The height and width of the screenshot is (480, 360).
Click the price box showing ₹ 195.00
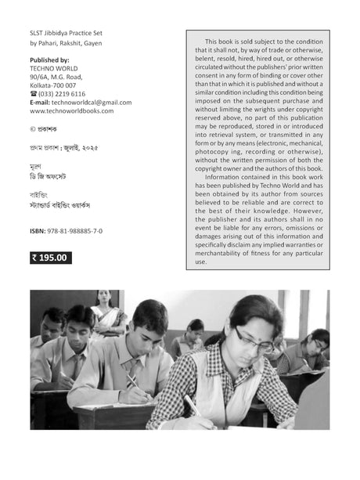[x=51, y=257]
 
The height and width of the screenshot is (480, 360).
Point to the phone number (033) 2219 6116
[x=63, y=93]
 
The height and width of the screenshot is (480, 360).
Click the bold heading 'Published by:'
[x=49, y=60]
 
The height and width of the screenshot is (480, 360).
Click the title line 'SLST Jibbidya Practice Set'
[x=67, y=34]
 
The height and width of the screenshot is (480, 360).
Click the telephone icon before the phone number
[x=33, y=93]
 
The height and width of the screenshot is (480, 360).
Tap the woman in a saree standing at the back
[x=103, y=309]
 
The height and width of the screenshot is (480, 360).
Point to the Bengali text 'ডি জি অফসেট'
[x=52, y=179]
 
